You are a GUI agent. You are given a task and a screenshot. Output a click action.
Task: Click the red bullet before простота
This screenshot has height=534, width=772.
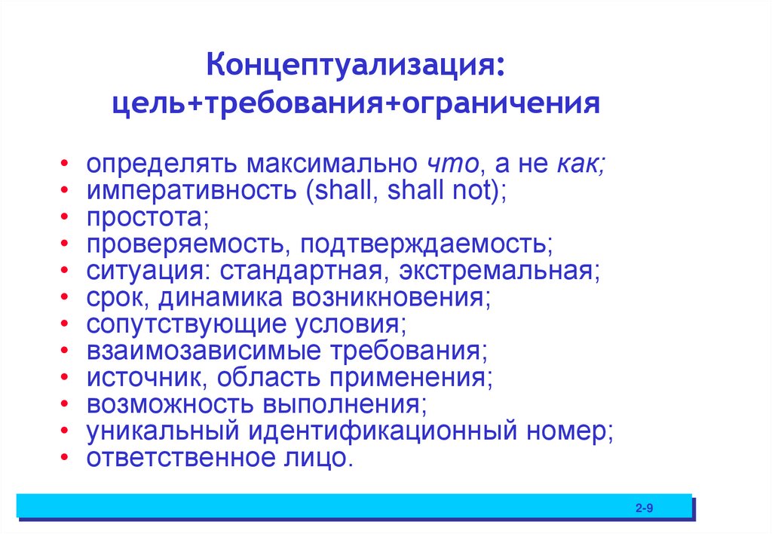(x=69, y=218)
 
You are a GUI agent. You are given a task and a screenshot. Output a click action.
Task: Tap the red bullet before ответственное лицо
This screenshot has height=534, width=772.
(x=69, y=459)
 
